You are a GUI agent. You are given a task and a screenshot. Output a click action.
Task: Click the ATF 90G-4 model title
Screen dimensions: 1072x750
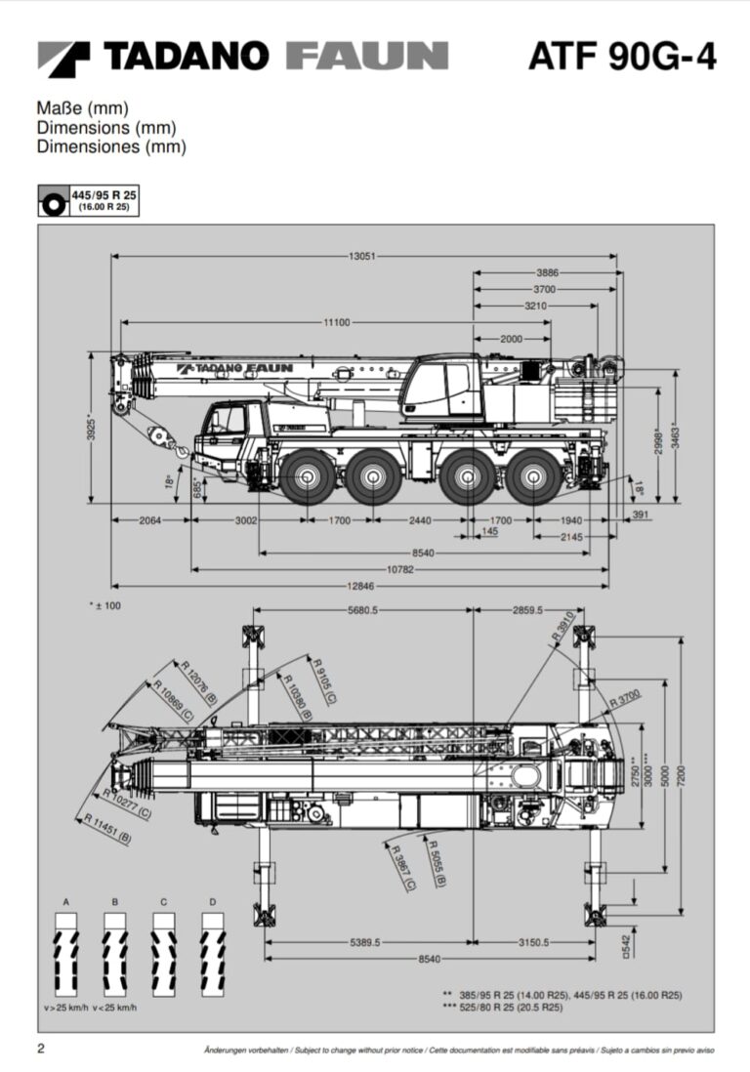coord(622,57)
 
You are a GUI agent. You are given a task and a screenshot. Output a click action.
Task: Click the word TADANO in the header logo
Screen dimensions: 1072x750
coord(186,56)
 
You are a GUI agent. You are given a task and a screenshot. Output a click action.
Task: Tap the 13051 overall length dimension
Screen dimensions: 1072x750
coord(361,257)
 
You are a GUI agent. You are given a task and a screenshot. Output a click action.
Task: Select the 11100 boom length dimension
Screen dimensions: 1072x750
coord(338,322)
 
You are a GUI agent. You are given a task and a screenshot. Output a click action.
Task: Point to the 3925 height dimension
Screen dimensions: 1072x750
coord(91,429)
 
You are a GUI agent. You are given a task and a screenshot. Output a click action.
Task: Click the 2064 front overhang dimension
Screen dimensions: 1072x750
coord(148,520)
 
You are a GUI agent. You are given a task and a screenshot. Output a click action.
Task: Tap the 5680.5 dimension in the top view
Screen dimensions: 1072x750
coord(362,610)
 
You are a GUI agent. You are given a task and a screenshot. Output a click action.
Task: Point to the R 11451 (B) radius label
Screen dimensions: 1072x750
coord(108,828)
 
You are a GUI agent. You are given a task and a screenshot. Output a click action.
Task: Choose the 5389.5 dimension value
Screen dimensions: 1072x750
coord(364,942)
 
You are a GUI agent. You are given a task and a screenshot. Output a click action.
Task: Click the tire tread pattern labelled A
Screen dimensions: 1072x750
coord(66,951)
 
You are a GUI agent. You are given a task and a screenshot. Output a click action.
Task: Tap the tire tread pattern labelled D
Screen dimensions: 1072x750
coord(212,951)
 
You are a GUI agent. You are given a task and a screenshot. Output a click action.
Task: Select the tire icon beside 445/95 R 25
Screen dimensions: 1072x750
coord(52,201)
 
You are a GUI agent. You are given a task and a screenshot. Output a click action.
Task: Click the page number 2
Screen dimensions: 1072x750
coord(41,1050)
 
